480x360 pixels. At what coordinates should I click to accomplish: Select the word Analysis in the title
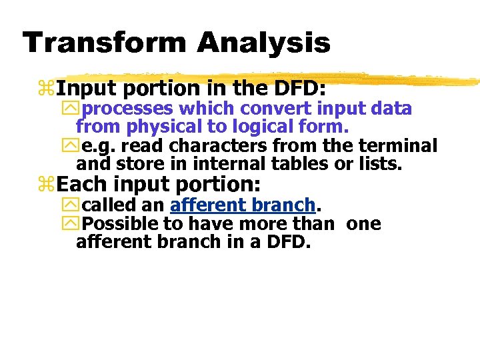pyautogui.click(x=264, y=43)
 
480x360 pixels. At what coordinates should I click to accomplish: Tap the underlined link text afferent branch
pyautogui.click(x=242, y=205)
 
